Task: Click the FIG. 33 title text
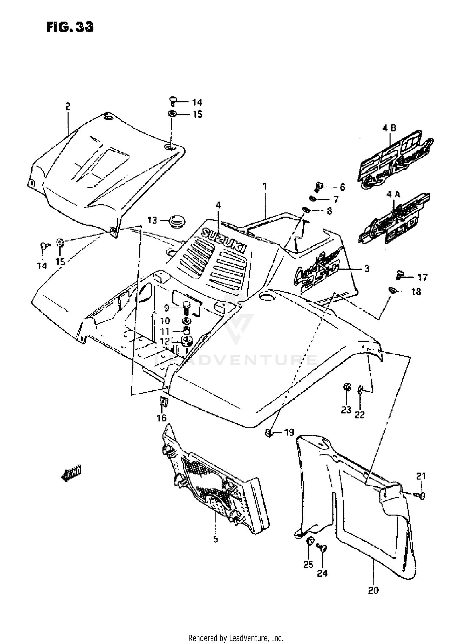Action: [x=70, y=27]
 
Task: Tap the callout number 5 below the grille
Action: [x=215, y=539]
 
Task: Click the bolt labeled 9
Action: [x=186, y=307]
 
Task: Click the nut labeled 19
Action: [x=269, y=433]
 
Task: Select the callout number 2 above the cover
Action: [x=68, y=106]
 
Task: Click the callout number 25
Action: [x=308, y=565]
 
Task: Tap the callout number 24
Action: [x=322, y=573]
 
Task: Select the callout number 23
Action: [x=346, y=410]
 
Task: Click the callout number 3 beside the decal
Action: [x=367, y=268]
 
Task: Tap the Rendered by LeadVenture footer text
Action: [x=236, y=638]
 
